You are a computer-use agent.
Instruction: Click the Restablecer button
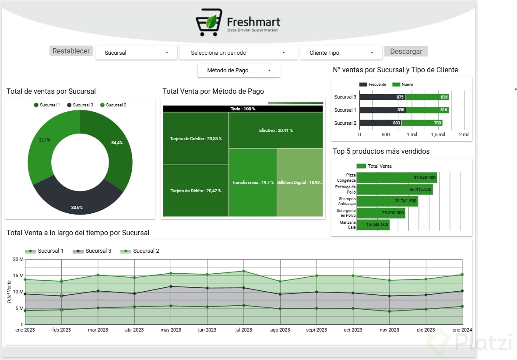[x=71, y=51]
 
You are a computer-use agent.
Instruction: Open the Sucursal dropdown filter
[x=136, y=53]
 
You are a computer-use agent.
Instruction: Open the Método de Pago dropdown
[x=239, y=70]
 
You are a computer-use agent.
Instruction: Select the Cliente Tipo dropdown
[x=341, y=53]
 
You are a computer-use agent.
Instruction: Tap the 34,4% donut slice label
[x=117, y=143]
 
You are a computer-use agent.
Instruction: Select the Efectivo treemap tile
[x=276, y=130]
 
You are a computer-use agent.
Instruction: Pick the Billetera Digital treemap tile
[x=300, y=182]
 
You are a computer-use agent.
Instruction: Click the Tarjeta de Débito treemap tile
[x=196, y=191]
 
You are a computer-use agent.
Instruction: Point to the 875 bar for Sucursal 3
[x=382, y=97]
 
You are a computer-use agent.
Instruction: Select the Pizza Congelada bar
[x=397, y=177]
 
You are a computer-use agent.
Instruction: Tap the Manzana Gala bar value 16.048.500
[x=376, y=225]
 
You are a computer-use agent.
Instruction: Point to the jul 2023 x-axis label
[x=243, y=330]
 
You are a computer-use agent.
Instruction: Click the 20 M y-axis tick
[x=18, y=259]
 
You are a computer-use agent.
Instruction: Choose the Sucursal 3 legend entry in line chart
[x=93, y=251]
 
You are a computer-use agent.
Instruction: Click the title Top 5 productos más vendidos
[x=381, y=152]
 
